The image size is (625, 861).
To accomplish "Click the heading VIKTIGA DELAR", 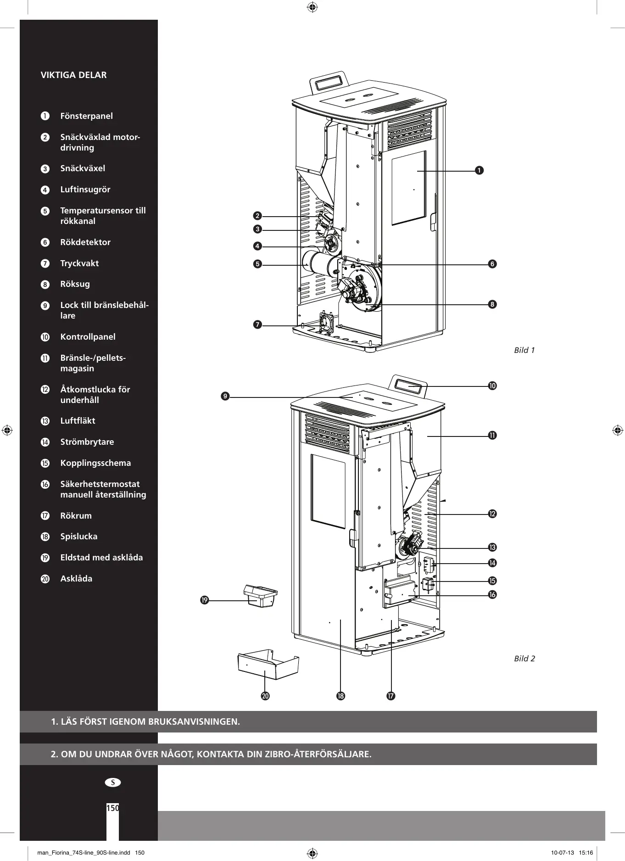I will coord(73,75).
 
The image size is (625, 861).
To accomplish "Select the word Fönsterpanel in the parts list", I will coord(86,116).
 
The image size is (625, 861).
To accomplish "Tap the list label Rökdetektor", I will coord(85,242).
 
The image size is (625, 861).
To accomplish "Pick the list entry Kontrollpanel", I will coord(88,337).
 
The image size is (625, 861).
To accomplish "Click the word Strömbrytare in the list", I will coord(87,442).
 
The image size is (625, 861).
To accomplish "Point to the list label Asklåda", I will coord(76,579).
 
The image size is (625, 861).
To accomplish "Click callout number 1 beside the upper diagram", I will coord(479,171).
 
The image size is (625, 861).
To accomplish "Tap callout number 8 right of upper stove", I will coord(492,304).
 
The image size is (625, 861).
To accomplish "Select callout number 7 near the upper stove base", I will coord(257,325).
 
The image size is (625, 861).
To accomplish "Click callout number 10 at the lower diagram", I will coord(492,386).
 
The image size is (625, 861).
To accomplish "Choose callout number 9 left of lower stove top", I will coord(225,397).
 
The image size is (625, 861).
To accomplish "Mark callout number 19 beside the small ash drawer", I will coord(205,600).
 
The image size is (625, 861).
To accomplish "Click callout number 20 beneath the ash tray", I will coord(265,696).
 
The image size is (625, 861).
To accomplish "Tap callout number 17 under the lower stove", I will coord(391,696).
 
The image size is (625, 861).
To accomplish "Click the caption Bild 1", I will coord(524,350).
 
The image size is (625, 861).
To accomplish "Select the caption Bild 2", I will coord(524,659).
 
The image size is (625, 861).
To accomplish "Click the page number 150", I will coord(112,808).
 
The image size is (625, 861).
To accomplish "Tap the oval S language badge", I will coord(113,783).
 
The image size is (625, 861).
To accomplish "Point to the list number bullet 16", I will coord(45,484).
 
